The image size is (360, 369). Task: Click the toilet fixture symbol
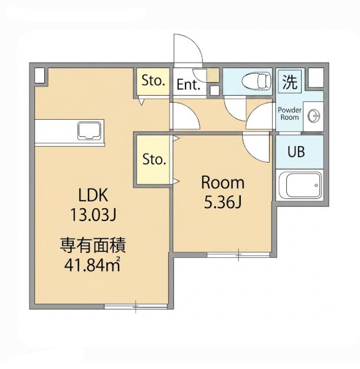256,81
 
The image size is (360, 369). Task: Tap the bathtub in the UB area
300,185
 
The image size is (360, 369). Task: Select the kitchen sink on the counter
90,131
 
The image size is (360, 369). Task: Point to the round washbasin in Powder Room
314,116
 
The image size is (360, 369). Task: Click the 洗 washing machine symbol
289,82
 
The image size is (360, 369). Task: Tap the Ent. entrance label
189,85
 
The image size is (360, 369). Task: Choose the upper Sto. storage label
153,80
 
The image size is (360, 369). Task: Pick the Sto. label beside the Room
154,159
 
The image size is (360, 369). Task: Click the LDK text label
93,195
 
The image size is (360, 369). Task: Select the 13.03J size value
93,215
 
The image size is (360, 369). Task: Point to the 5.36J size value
222,203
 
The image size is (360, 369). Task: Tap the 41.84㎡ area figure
93,265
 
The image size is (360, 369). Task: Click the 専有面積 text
93,246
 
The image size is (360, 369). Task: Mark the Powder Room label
289,114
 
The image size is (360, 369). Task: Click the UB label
296,152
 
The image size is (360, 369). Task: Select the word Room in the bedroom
222,183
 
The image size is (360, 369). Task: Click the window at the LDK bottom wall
136,306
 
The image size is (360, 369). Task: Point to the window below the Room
238,255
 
